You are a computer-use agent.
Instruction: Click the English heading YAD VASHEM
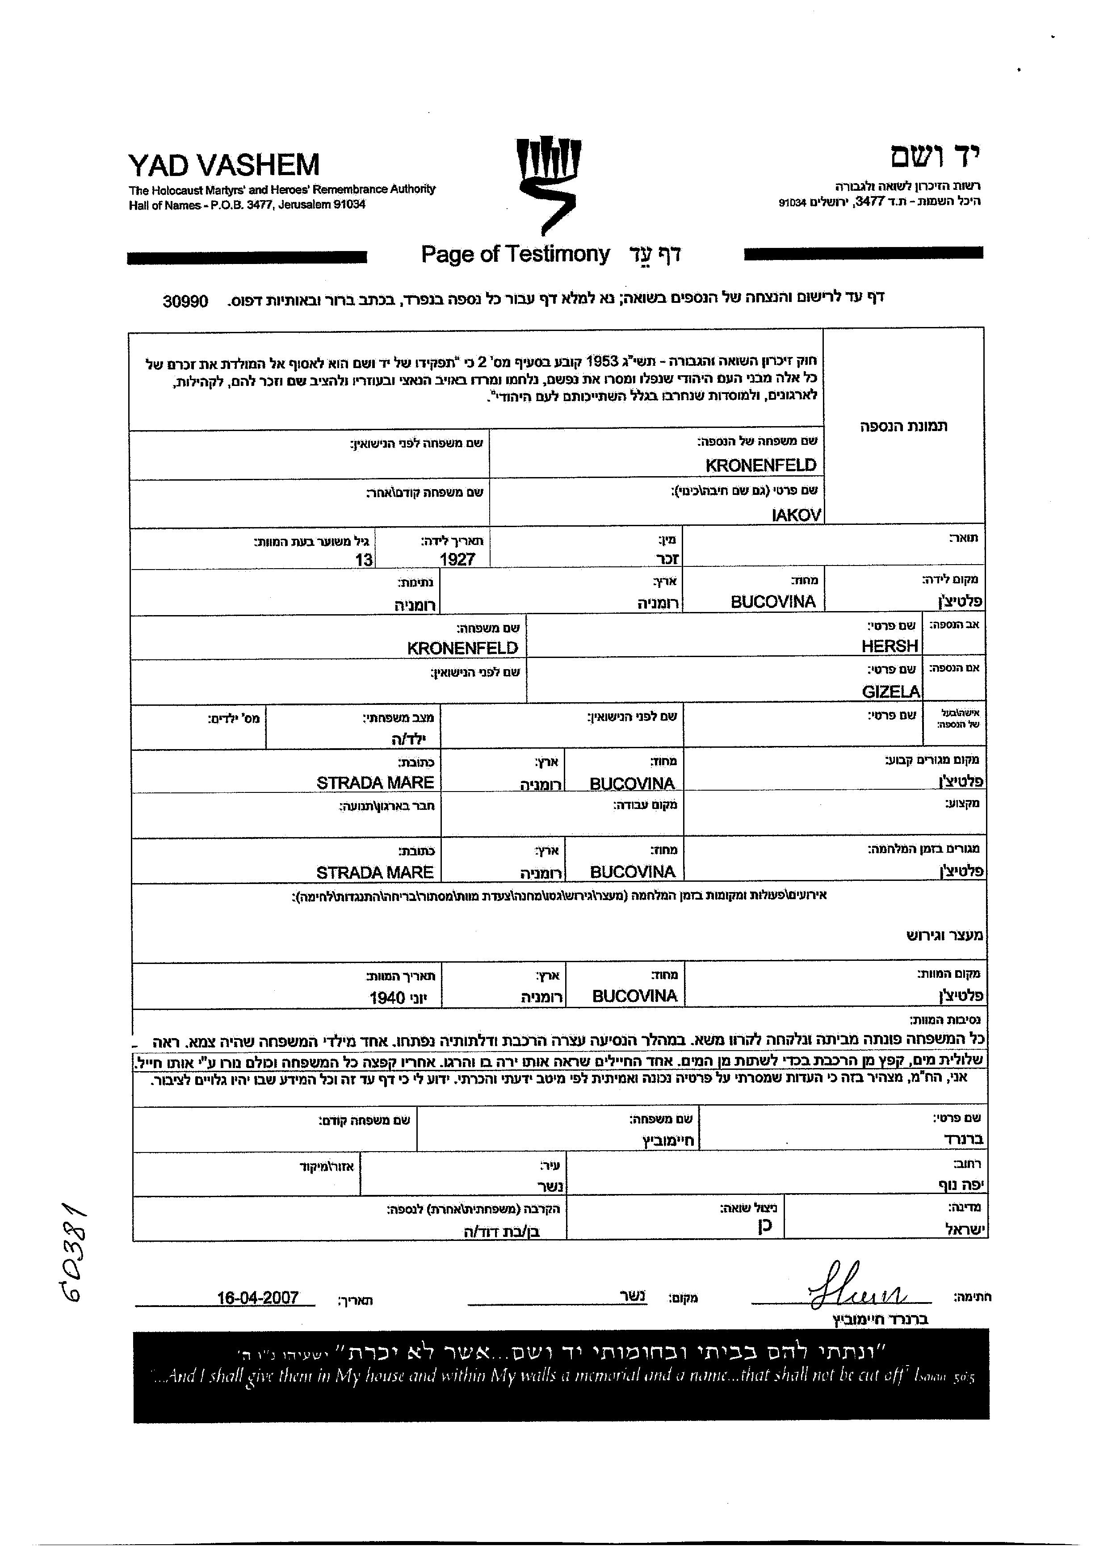[224, 165]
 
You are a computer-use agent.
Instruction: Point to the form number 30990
[185, 301]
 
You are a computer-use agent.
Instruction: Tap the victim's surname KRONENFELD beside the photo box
[760, 465]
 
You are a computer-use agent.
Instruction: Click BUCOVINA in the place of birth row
[772, 601]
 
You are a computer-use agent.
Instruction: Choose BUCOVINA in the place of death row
[634, 996]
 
